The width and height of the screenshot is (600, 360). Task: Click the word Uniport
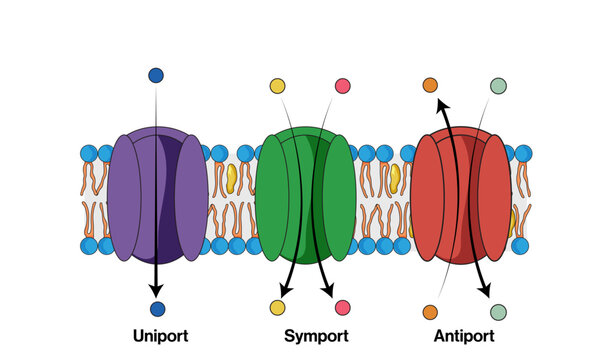point(160,336)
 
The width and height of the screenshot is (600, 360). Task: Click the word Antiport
point(463,336)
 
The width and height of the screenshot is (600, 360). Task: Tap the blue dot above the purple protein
point(156,75)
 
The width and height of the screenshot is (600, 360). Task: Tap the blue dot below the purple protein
point(157,309)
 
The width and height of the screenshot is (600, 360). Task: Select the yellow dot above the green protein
point(277,86)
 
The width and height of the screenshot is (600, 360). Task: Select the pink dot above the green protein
point(343,86)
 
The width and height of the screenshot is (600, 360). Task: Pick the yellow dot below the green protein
point(277,309)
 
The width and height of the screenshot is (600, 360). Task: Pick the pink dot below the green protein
point(343,308)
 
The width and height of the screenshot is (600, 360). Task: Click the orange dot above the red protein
point(430,86)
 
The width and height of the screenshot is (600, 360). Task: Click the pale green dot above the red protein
point(498,86)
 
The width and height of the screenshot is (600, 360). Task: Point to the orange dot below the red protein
point(430,312)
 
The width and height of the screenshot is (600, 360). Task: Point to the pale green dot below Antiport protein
point(498,312)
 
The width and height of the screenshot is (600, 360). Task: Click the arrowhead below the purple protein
point(157,290)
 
